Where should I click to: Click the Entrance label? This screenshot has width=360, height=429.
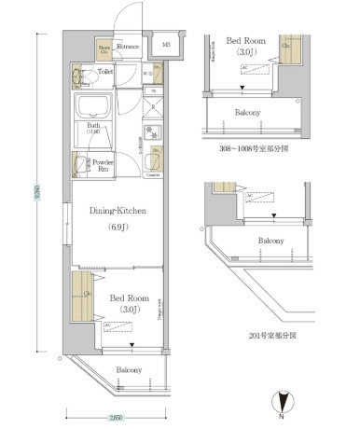point(129,47)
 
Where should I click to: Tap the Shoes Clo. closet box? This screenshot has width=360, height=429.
point(104,50)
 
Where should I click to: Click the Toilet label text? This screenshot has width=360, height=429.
point(105,71)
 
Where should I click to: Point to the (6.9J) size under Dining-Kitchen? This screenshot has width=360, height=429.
point(118,227)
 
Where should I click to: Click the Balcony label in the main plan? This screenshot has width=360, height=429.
point(129,370)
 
